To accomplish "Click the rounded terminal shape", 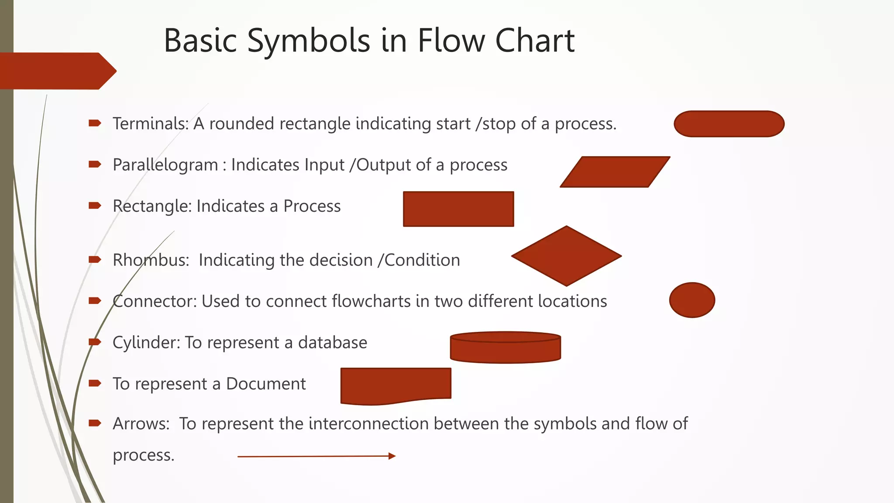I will point(729,124).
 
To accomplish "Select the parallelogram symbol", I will point(615,172).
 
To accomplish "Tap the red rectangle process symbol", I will point(458,209).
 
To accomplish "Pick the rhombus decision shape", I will point(567,256).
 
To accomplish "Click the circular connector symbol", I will point(692,300).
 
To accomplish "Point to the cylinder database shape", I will point(505,348).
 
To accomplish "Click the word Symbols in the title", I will point(309,41).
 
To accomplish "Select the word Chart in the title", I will point(535,41).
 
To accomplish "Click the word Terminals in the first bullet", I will point(150,124).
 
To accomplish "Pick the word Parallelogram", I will point(165,165).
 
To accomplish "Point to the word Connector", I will point(155,301).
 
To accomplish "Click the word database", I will point(332,343).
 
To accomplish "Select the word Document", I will point(266,384).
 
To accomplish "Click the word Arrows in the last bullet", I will point(141,424).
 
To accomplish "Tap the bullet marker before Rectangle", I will point(95,206).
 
